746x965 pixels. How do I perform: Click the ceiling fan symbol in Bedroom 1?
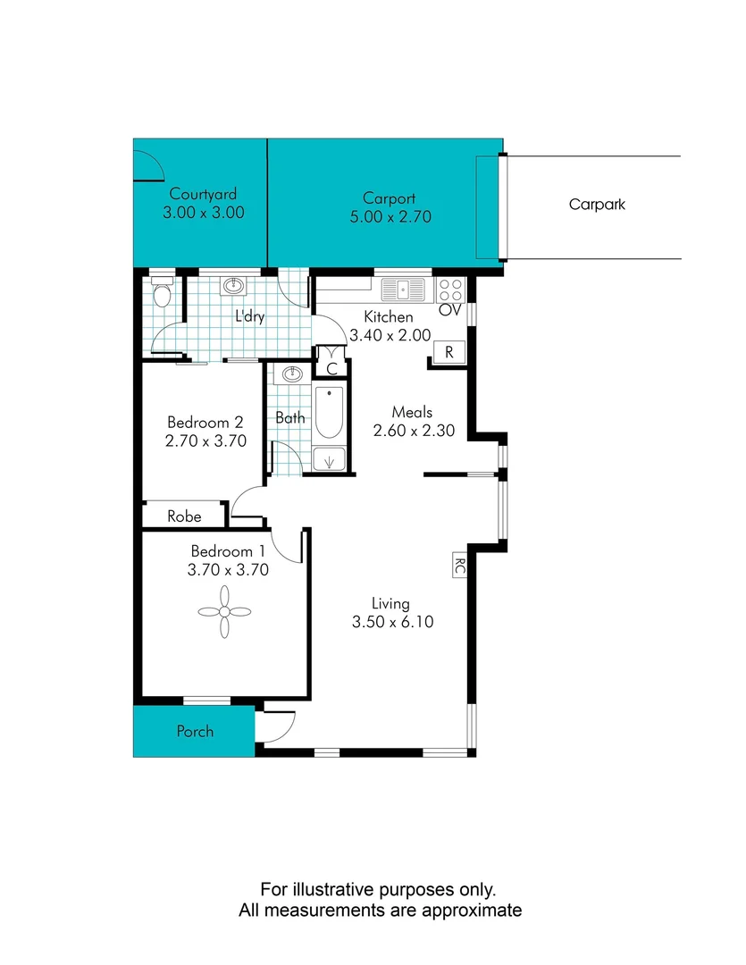[224, 611]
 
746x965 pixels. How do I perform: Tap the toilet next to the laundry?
[162, 292]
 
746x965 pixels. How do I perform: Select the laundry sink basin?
[234, 286]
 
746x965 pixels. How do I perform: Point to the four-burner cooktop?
[451, 289]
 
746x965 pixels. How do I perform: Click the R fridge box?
[449, 352]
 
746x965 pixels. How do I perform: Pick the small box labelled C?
[331, 367]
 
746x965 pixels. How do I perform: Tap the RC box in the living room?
[459, 566]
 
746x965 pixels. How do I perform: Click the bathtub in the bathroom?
[329, 412]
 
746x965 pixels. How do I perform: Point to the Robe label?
[185, 516]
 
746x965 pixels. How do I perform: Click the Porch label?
[195, 731]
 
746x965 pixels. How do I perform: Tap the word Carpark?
[597, 205]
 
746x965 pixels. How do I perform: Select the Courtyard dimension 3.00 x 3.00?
[204, 214]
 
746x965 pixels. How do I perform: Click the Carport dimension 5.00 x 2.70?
[389, 216]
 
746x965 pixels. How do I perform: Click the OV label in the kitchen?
[448, 310]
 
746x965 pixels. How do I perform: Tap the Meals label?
[413, 412]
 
